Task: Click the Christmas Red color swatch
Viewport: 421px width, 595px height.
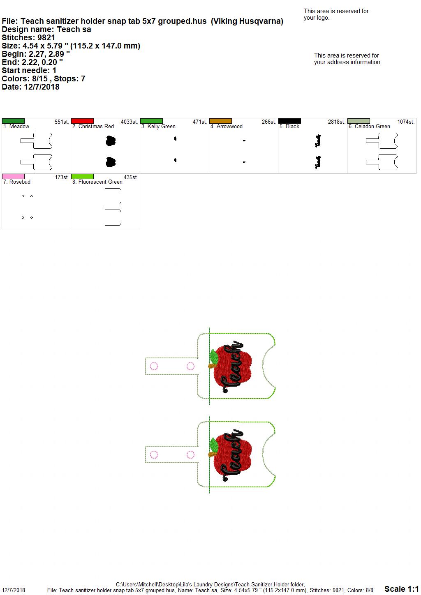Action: pyautogui.click(x=82, y=121)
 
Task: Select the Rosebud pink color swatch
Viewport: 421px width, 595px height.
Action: pyautogui.click(x=13, y=176)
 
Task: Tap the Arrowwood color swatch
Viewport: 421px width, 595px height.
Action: pyautogui.click(x=220, y=121)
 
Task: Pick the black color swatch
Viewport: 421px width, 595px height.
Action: pyautogui.click(x=289, y=121)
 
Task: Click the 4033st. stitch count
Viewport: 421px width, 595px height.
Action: pyautogui.click(x=130, y=122)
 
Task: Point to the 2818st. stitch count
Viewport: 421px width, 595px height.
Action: pyautogui.click(x=336, y=122)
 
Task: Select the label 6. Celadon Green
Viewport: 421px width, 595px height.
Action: pyautogui.click(x=369, y=127)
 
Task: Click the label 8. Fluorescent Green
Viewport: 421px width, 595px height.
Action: pyautogui.click(x=97, y=182)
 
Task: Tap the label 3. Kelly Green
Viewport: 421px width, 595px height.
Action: pyautogui.click(x=158, y=127)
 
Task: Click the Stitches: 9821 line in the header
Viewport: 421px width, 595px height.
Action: pyautogui.click(x=28, y=37)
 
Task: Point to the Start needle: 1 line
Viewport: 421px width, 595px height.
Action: pyautogui.click(x=29, y=70)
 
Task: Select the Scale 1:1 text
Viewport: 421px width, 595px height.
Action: pyautogui.click(x=401, y=588)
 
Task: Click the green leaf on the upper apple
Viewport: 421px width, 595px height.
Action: pyautogui.click(x=213, y=356)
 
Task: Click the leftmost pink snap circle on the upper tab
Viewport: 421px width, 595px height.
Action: pyautogui.click(x=154, y=366)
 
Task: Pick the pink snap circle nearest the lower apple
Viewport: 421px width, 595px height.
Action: pyautogui.click(x=190, y=455)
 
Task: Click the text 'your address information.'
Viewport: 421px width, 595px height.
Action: pyautogui.click(x=348, y=62)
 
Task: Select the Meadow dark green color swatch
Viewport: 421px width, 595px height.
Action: pyautogui.click(x=13, y=121)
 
